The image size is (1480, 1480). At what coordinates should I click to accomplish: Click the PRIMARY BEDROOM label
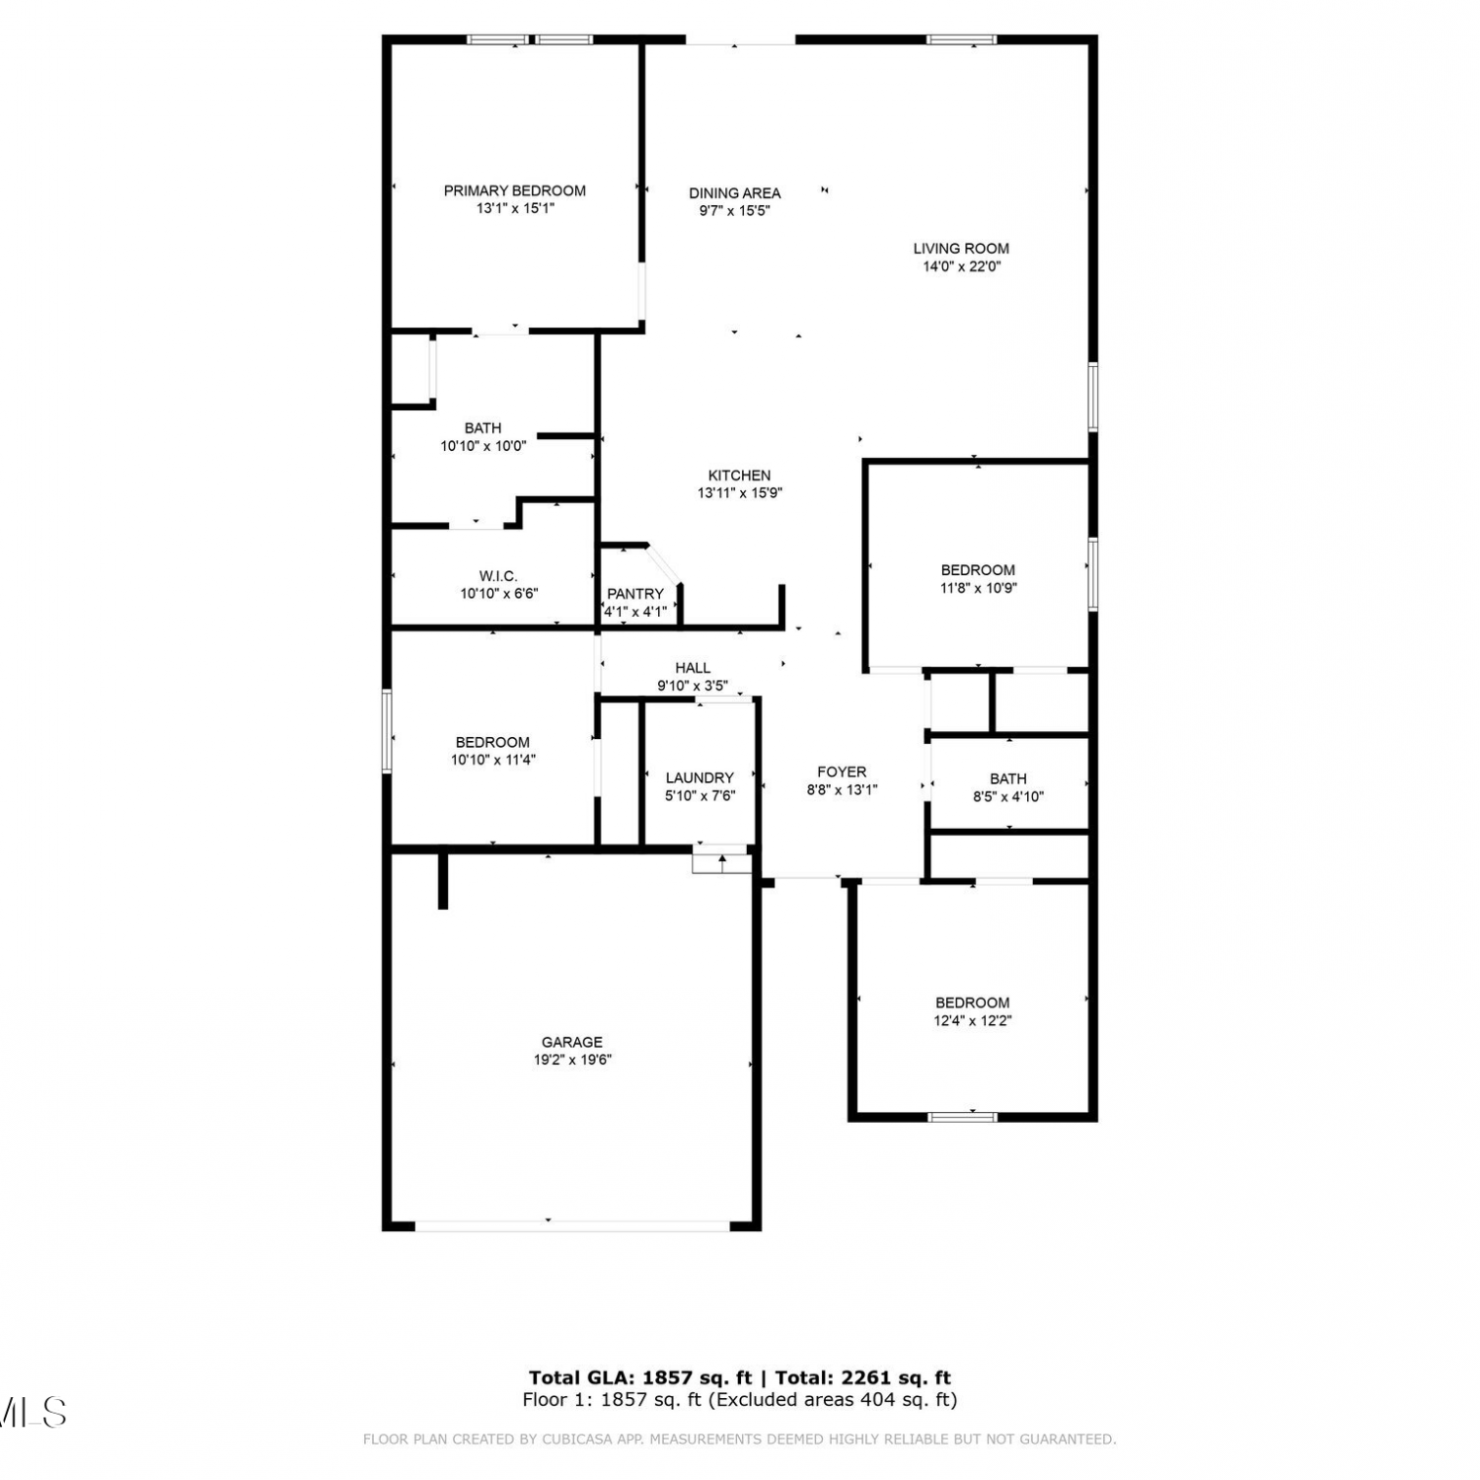click(x=514, y=190)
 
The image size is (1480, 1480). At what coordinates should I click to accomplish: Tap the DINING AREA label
click(x=734, y=193)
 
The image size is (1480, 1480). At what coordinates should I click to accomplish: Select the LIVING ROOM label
click(x=961, y=249)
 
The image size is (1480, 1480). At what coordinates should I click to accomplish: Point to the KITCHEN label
click(x=739, y=476)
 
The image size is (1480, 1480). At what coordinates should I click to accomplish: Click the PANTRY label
click(x=635, y=594)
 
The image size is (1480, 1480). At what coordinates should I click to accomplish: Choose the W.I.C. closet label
click(x=498, y=576)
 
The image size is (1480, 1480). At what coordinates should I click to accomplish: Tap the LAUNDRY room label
click(x=700, y=777)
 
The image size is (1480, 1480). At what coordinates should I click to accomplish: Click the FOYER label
click(x=842, y=772)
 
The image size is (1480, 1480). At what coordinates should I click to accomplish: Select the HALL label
click(x=693, y=668)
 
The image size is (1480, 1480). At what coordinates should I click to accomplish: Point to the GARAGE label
click(x=571, y=1042)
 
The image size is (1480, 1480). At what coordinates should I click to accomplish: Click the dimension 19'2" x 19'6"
click(x=572, y=1060)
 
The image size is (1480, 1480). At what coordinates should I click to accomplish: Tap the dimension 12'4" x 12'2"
click(x=973, y=1021)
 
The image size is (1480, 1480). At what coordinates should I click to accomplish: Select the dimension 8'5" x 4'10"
click(x=1007, y=797)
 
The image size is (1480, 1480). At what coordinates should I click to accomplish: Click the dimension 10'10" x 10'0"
click(x=482, y=446)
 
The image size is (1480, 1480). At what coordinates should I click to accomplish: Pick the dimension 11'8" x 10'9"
click(x=978, y=588)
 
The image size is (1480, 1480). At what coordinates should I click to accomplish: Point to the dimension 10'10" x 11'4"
click(x=492, y=761)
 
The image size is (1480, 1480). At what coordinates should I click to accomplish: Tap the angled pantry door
click(x=663, y=564)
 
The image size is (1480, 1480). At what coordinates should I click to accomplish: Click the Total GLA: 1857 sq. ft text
click(x=640, y=1378)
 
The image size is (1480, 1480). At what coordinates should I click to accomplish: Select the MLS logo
click(x=33, y=1413)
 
